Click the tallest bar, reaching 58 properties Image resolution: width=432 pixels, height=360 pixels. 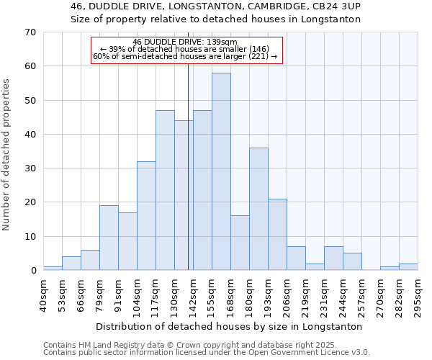point(221,171)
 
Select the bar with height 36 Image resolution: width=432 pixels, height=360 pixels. point(258,209)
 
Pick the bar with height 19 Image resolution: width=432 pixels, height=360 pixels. point(109,238)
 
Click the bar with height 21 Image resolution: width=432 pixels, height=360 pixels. point(277,235)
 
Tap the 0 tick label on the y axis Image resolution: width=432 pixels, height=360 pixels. point(32,271)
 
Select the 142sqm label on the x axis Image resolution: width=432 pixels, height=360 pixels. point(193,295)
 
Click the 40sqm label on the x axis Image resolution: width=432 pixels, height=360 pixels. point(43,295)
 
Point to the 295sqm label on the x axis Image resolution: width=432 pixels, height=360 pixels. point(418,295)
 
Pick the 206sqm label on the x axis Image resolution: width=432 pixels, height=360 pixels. point(287,295)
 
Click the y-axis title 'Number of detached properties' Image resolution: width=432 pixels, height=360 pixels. point(7,155)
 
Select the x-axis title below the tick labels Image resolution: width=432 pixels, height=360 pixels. point(228,326)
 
